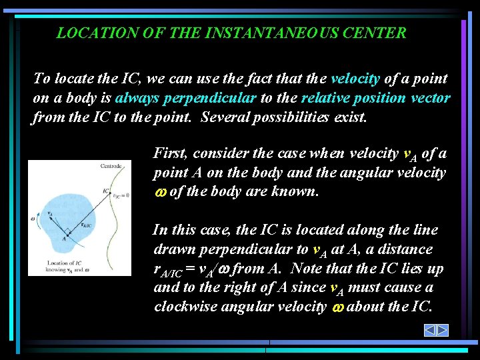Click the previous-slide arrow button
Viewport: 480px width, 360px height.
tap(431, 330)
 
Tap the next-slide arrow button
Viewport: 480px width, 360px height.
tap(443, 330)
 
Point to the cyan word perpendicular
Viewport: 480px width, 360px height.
tap(219, 98)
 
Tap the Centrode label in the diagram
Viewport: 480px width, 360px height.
tap(111, 166)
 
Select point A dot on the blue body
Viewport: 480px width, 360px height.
tap(65, 234)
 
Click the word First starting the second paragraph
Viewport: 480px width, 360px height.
tap(171, 153)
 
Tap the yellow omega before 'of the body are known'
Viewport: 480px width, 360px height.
tap(159, 193)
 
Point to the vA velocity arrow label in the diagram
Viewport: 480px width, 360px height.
tap(49, 214)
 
